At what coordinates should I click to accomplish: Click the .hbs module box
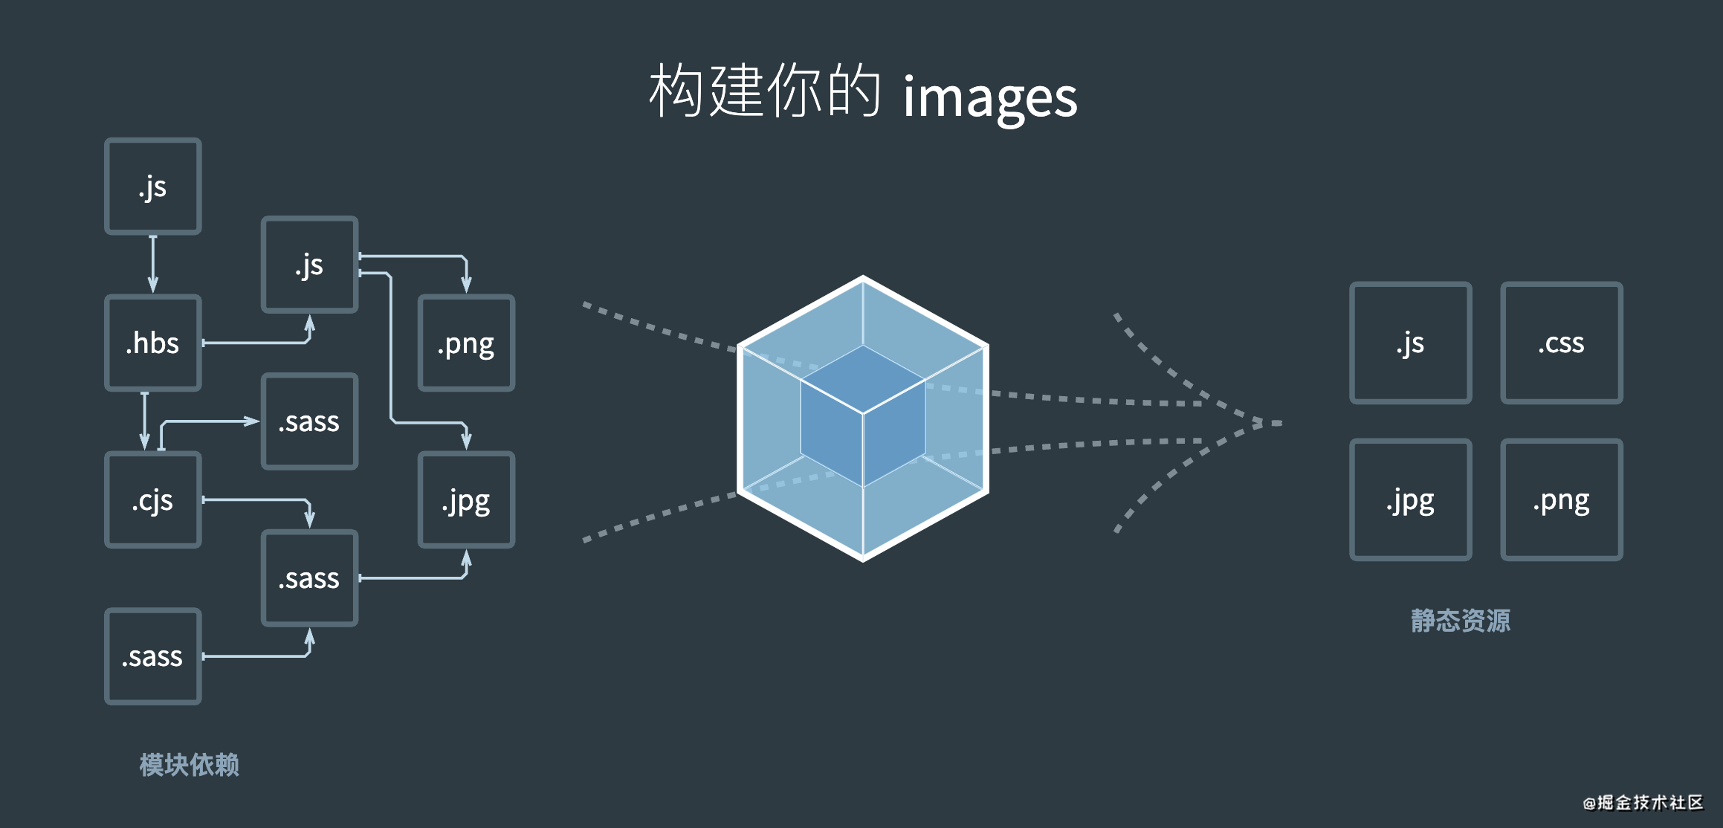coord(153,343)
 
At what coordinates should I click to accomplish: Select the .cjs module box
coord(153,500)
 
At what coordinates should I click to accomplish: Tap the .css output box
coord(1561,343)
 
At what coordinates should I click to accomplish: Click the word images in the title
coord(989,97)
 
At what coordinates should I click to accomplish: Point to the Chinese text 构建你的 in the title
coord(765,91)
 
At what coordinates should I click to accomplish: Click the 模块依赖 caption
coord(190,764)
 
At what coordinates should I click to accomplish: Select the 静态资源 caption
coord(1461,620)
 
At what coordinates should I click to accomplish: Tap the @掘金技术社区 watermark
coord(1643,803)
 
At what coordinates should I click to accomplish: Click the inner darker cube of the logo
coord(863,416)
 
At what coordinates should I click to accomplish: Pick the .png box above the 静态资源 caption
coord(1561,500)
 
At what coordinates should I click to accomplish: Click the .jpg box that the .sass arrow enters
coord(466,500)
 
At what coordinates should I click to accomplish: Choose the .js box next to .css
coord(1410,343)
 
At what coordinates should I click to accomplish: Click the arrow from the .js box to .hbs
coord(153,264)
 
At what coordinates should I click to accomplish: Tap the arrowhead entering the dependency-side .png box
coord(466,285)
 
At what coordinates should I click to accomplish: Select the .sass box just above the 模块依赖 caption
coord(153,656)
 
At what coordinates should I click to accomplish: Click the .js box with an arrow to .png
coord(310,265)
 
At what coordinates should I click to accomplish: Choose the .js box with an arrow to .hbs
coord(153,186)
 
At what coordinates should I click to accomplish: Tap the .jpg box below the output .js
coord(1410,500)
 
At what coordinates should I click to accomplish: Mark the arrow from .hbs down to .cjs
coord(145,421)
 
